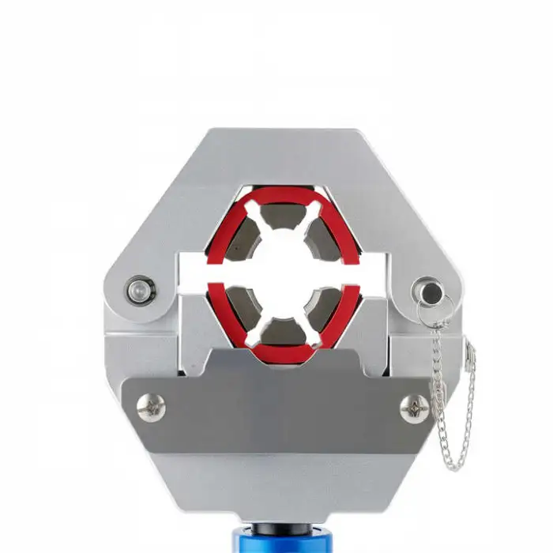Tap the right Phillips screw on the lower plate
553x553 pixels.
coord(415,407)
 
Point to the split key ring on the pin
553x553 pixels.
coord(443,309)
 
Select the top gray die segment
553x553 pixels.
coord(282,207)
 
